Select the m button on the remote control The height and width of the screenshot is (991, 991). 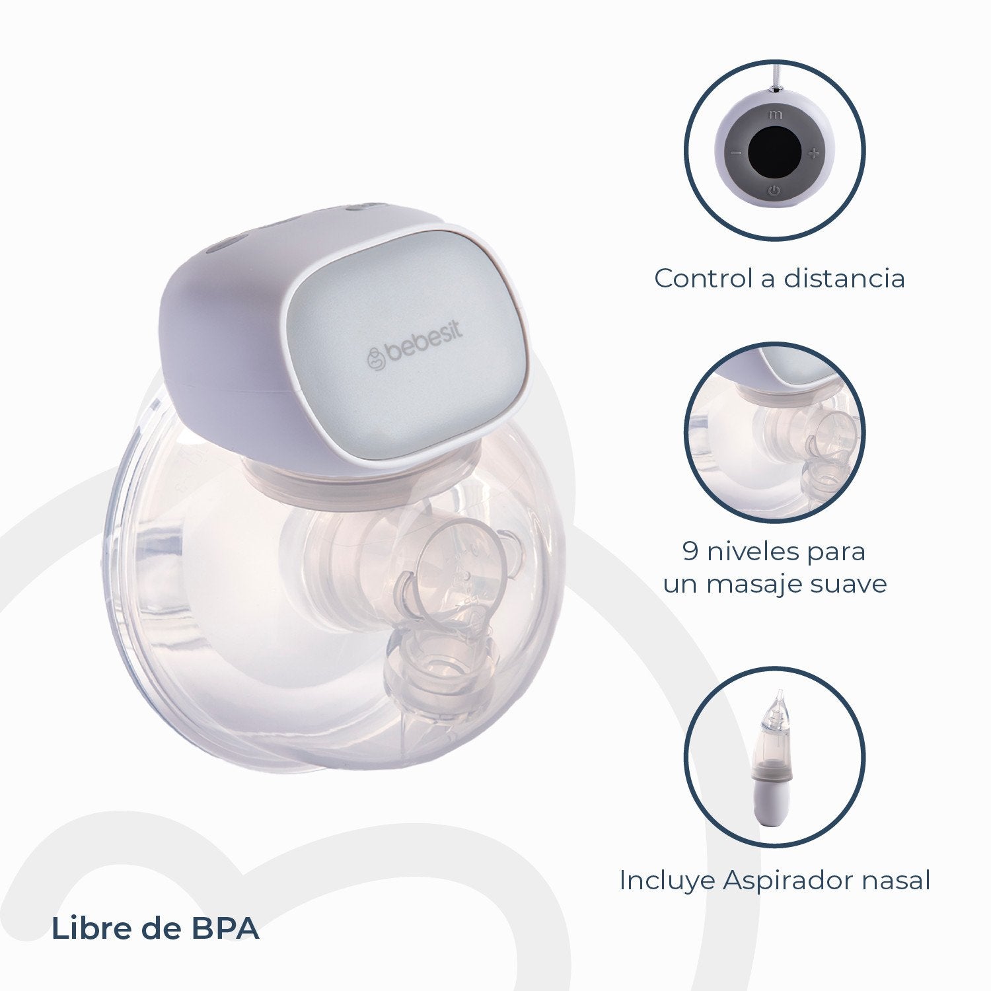tap(775, 114)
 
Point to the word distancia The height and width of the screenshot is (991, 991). tap(844, 278)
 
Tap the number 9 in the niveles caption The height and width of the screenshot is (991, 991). tap(690, 551)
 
